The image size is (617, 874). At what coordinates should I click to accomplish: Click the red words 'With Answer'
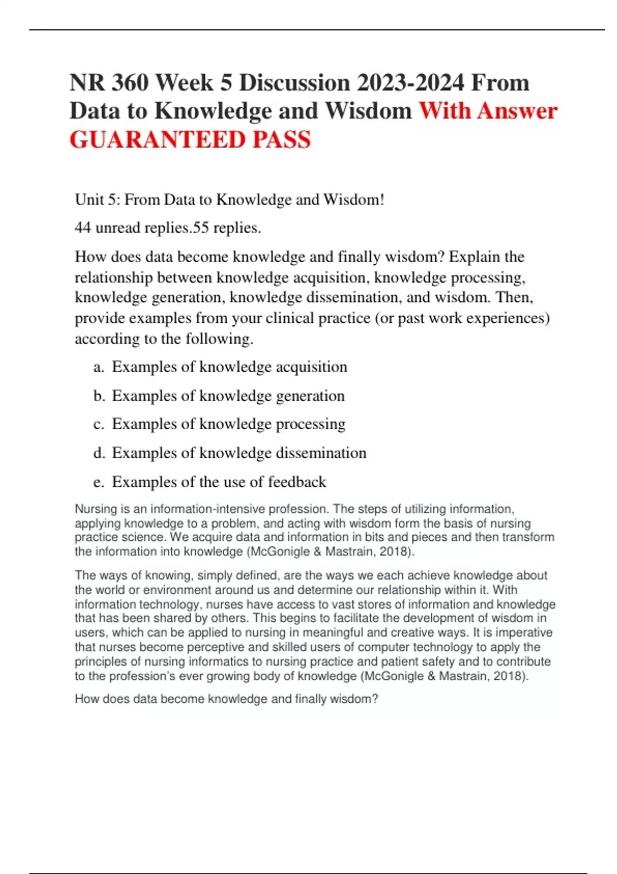tap(488, 111)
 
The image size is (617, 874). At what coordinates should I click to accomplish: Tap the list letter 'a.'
tap(99, 367)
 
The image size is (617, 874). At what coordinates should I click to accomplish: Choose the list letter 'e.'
tap(99, 482)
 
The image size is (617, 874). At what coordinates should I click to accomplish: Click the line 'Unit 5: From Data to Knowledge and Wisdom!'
tap(229, 199)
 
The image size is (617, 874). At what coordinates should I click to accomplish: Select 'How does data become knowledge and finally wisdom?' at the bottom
tap(226, 699)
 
